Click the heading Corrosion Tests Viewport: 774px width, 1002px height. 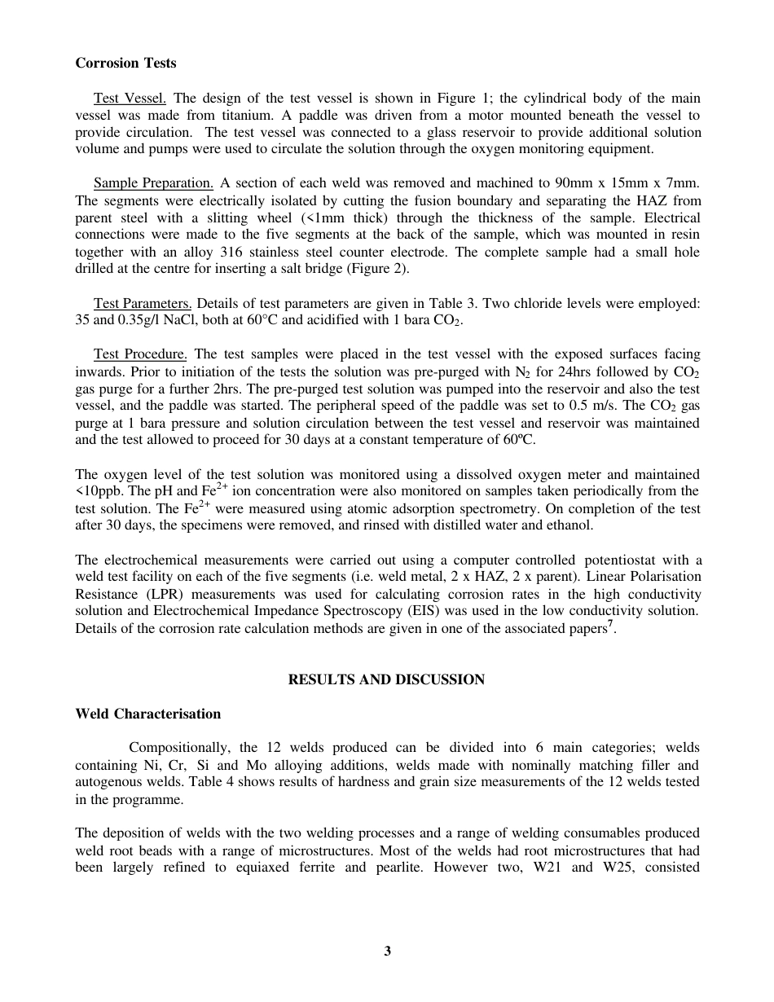pos(125,63)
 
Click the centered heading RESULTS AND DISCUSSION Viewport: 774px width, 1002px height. pos(386,679)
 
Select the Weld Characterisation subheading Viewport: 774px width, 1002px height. pos(147,714)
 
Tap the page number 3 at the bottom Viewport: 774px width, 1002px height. pos(387,951)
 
